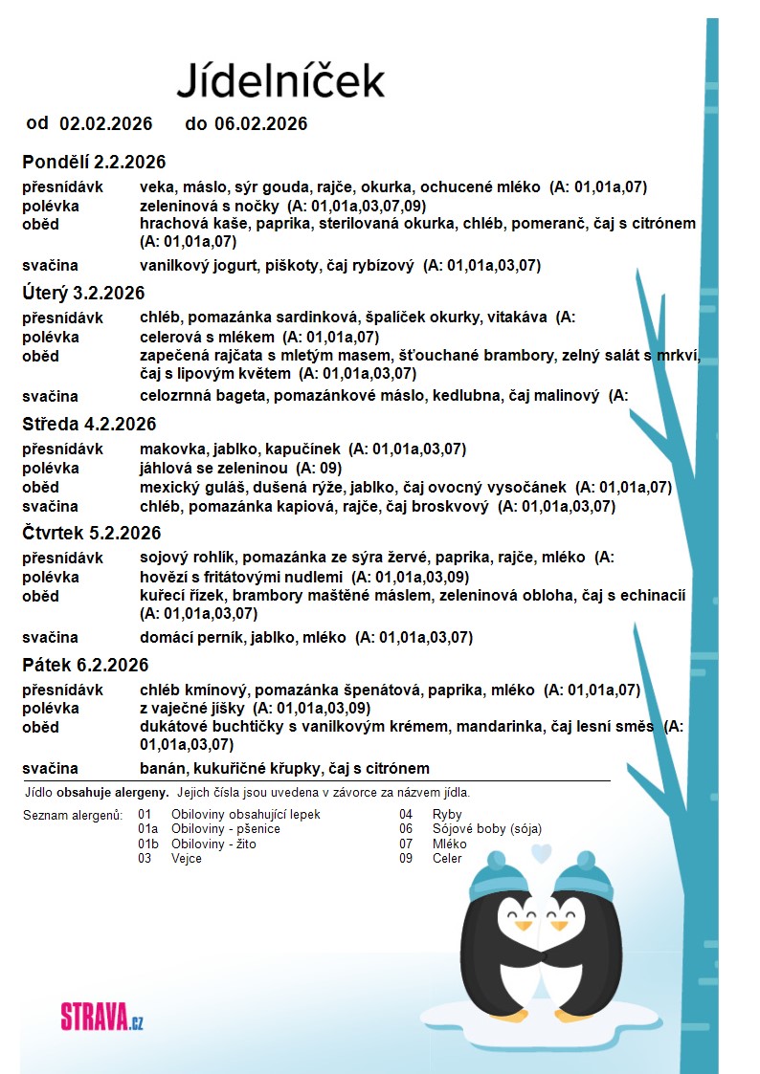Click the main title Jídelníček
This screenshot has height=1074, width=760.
pyautogui.click(x=280, y=80)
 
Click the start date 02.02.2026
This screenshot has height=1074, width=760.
pyautogui.click(x=106, y=123)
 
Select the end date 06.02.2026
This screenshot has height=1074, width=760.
pyautogui.click(x=260, y=123)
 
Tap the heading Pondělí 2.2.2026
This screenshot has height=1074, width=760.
pyautogui.click(x=94, y=162)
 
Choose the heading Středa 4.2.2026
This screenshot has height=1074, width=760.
pyautogui.click(x=89, y=424)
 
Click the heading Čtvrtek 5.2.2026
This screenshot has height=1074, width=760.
pyautogui.click(x=92, y=533)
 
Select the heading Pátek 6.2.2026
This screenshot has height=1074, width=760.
pyautogui.click(x=85, y=665)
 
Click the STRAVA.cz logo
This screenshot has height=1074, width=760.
pyautogui.click(x=101, y=1015)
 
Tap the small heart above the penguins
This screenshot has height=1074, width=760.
pyautogui.click(x=542, y=851)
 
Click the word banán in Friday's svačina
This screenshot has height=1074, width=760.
pyautogui.click(x=160, y=768)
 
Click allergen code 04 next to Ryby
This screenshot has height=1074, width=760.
pyautogui.click(x=406, y=815)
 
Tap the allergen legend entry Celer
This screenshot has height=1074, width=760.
pyautogui.click(x=447, y=858)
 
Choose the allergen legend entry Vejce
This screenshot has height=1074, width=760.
pyautogui.click(x=187, y=858)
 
